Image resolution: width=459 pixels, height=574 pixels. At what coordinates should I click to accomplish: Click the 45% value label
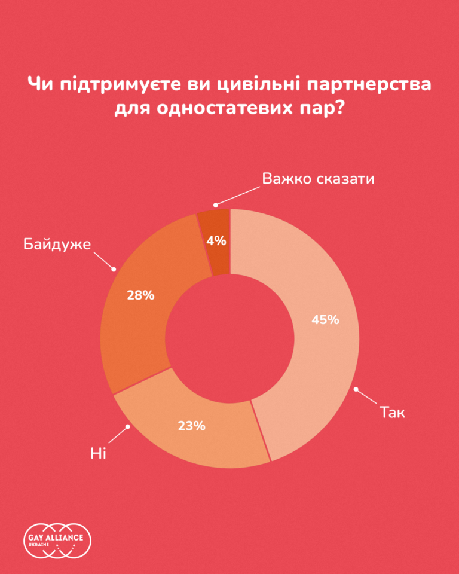(x=325, y=320)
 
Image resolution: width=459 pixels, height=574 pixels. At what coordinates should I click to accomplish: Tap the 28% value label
(x=141, y=295)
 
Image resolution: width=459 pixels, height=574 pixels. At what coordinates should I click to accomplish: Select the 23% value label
(x=192, y=426)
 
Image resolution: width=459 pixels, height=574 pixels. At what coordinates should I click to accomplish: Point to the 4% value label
(x=216, y=241)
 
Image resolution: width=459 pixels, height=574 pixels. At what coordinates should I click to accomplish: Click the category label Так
(x=393, y=412)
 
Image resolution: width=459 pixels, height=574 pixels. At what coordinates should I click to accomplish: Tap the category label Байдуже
(x=57, y=244)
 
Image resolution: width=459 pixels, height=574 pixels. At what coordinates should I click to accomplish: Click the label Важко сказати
(x=318, y=179)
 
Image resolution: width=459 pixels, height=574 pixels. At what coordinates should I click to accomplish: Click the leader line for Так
(x=366, y=397)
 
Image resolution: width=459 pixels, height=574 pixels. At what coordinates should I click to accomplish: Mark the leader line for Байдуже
(x=103, y=258)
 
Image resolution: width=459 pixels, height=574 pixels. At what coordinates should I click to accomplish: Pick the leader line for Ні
(x=118, y=435)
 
